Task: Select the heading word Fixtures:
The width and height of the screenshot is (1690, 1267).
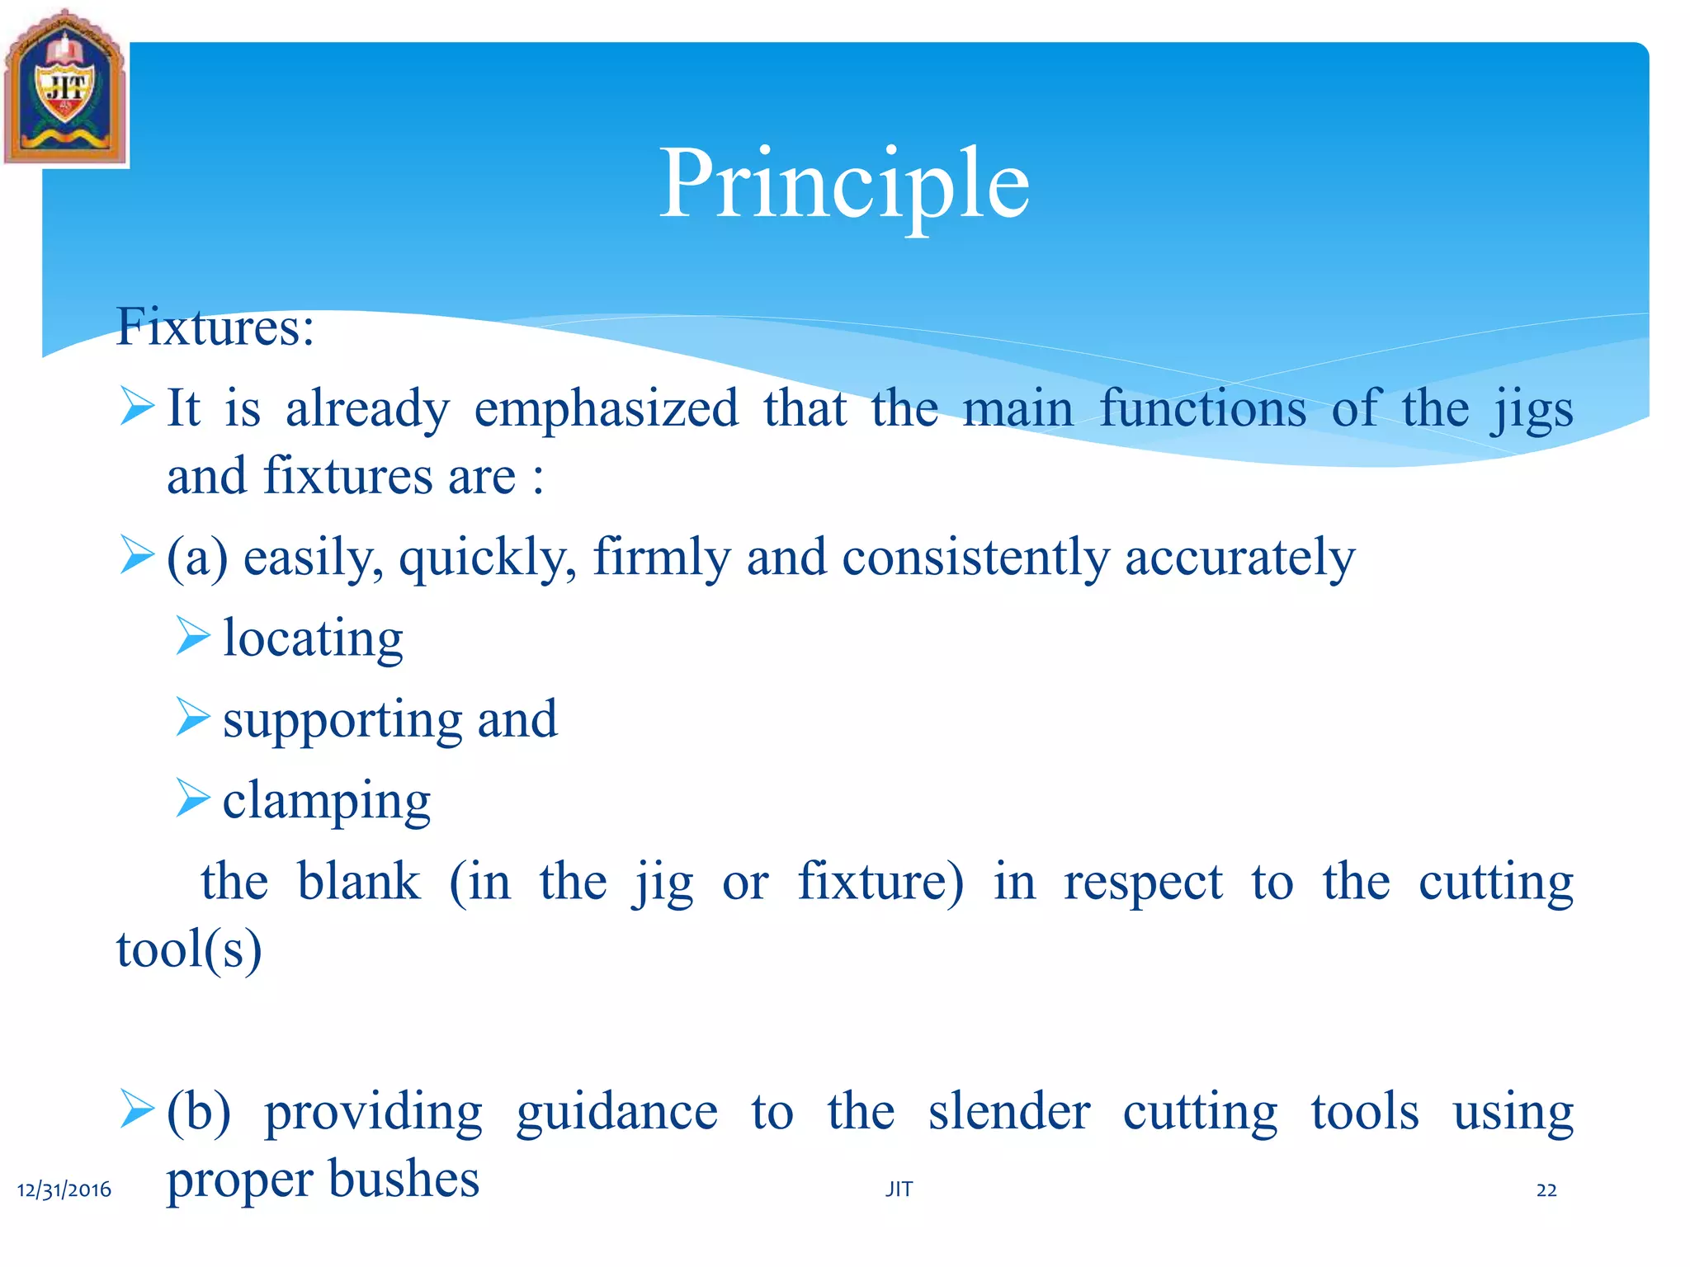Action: [x=215, y=327]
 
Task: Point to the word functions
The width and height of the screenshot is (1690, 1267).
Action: [x=1202, y=408]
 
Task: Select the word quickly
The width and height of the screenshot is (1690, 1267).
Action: [x=487, y=558]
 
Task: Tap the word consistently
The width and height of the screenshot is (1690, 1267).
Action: [x=975, y=558]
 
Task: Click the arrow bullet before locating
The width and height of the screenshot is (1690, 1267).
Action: [x=193, y=636]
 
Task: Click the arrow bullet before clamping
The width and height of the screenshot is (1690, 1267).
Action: [x=193, y=798]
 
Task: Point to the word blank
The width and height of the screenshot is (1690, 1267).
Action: [x=358, y=882]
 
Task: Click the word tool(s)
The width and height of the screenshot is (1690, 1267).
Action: [x=189, y=949]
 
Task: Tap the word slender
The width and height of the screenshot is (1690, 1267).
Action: [x=1008, y=1112]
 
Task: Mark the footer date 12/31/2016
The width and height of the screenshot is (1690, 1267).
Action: [x=64, y=1189]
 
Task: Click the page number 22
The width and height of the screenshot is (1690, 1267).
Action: [x=1546, y=1189]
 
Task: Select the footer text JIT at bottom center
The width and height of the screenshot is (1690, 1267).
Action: [x=899, y=1189]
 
